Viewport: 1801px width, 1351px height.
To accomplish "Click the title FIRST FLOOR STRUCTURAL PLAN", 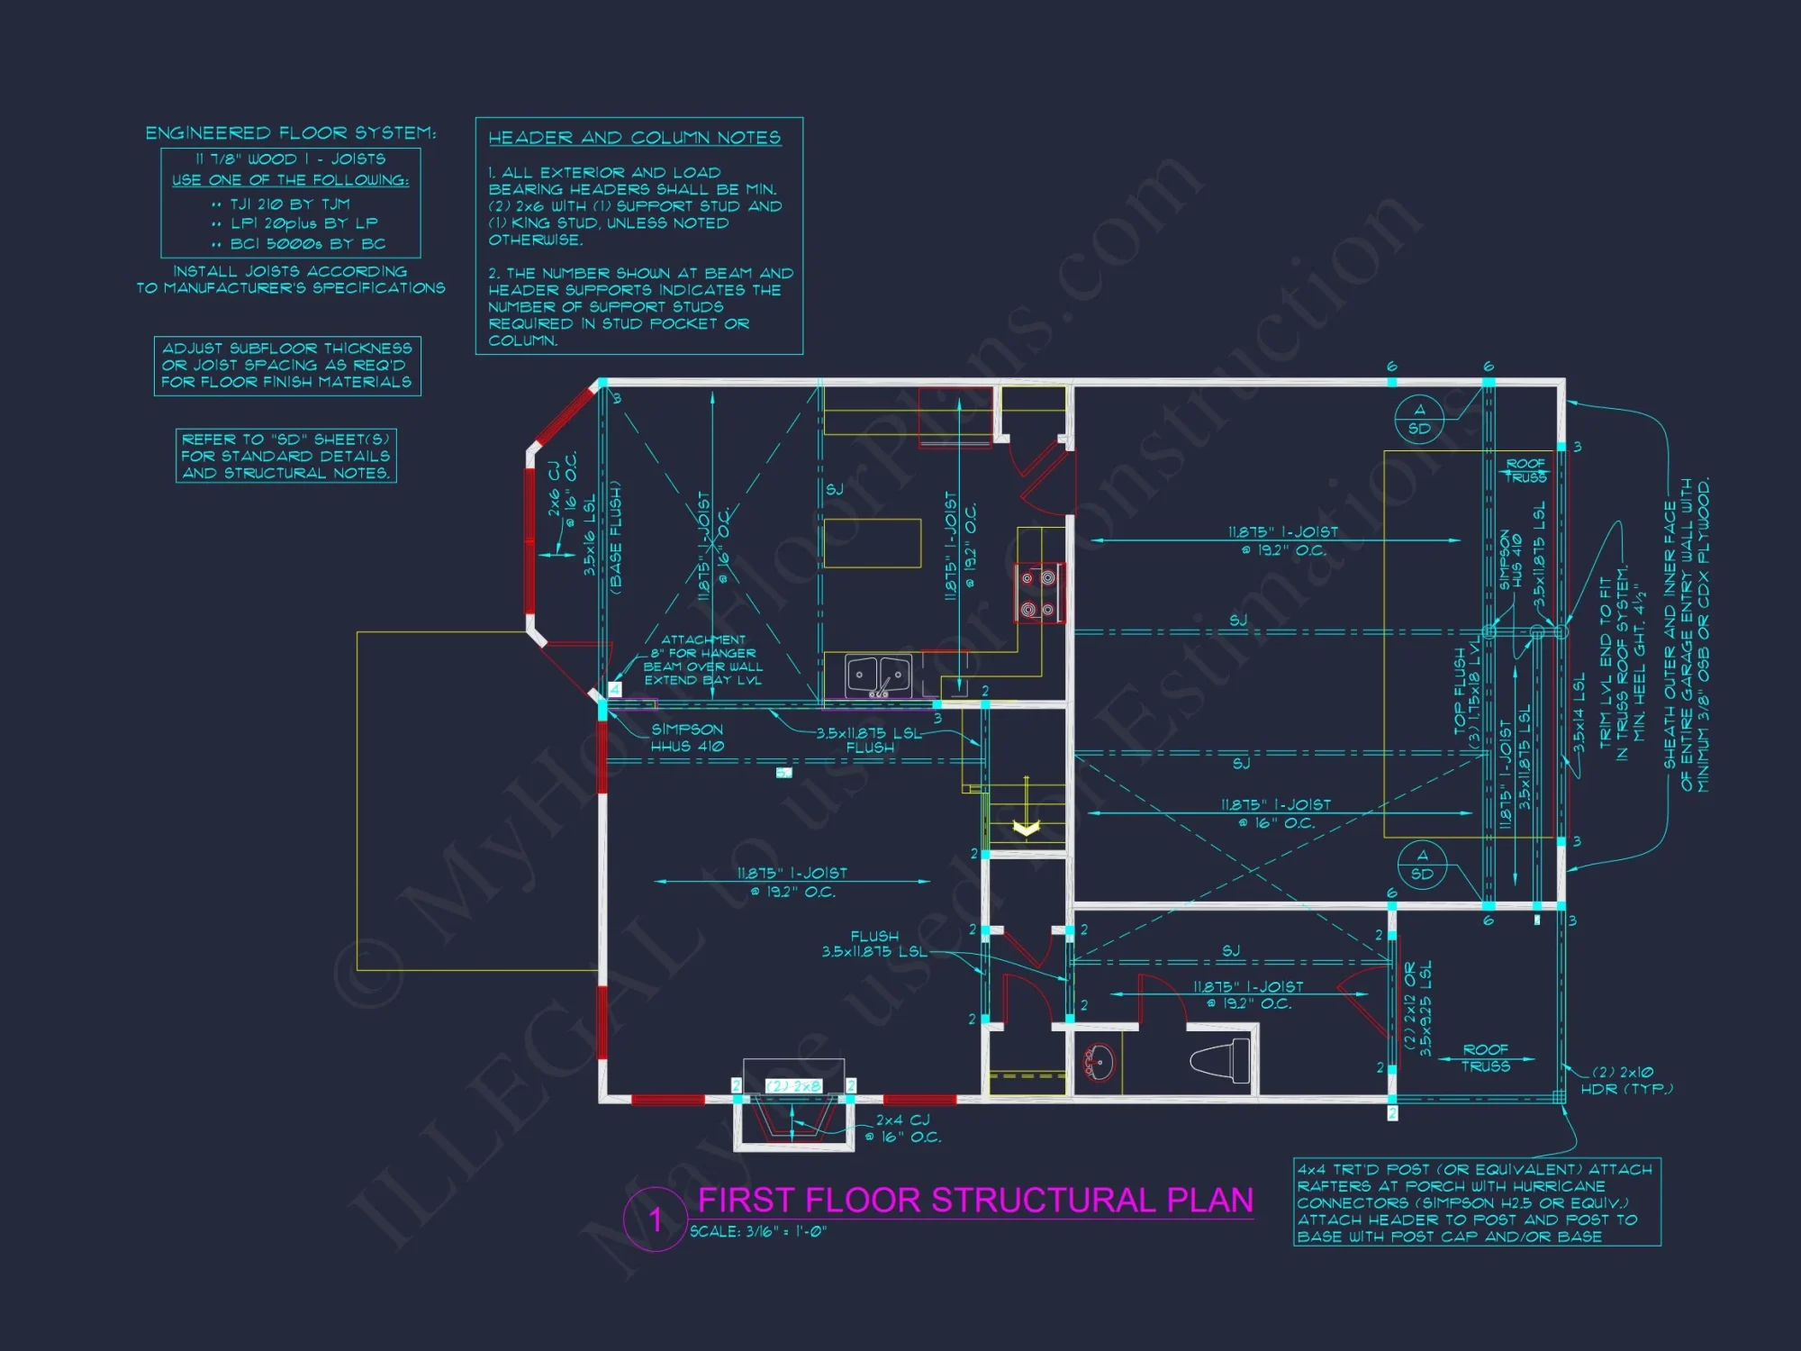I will [x=975, y=1201].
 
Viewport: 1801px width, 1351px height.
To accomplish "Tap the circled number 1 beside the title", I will [x=656, y=1220].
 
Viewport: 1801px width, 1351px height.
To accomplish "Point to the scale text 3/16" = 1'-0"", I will [x=759, y=1232].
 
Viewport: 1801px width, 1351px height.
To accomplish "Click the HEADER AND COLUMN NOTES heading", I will [x=634, y=138].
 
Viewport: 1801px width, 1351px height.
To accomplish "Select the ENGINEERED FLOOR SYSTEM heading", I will [x=291, y=133].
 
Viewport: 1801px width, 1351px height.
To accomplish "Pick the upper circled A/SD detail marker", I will [x=1419, y=420].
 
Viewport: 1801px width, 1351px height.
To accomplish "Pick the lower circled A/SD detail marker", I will [x=1422, y=865].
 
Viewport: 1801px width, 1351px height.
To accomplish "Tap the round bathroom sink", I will [x=1098, y=1063].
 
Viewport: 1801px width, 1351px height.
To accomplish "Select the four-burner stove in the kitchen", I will [x=1037, y=594].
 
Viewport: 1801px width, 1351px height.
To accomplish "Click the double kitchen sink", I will [x=878, y=675].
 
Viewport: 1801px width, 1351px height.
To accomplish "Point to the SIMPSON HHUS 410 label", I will [x=686, y=738].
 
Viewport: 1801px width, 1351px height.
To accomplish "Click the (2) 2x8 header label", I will [x=793, y=1086].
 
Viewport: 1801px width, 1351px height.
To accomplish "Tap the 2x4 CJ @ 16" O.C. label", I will [x=908, y=1129].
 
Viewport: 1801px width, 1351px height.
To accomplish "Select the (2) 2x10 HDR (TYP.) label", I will [x=1626, y=1080].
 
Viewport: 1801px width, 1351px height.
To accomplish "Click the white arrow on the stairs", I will [x=1026, y=827].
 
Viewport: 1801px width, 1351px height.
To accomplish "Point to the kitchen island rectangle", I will [x=872, y=543].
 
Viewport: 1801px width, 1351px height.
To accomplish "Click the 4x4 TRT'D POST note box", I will [x=1477, y=1202].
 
